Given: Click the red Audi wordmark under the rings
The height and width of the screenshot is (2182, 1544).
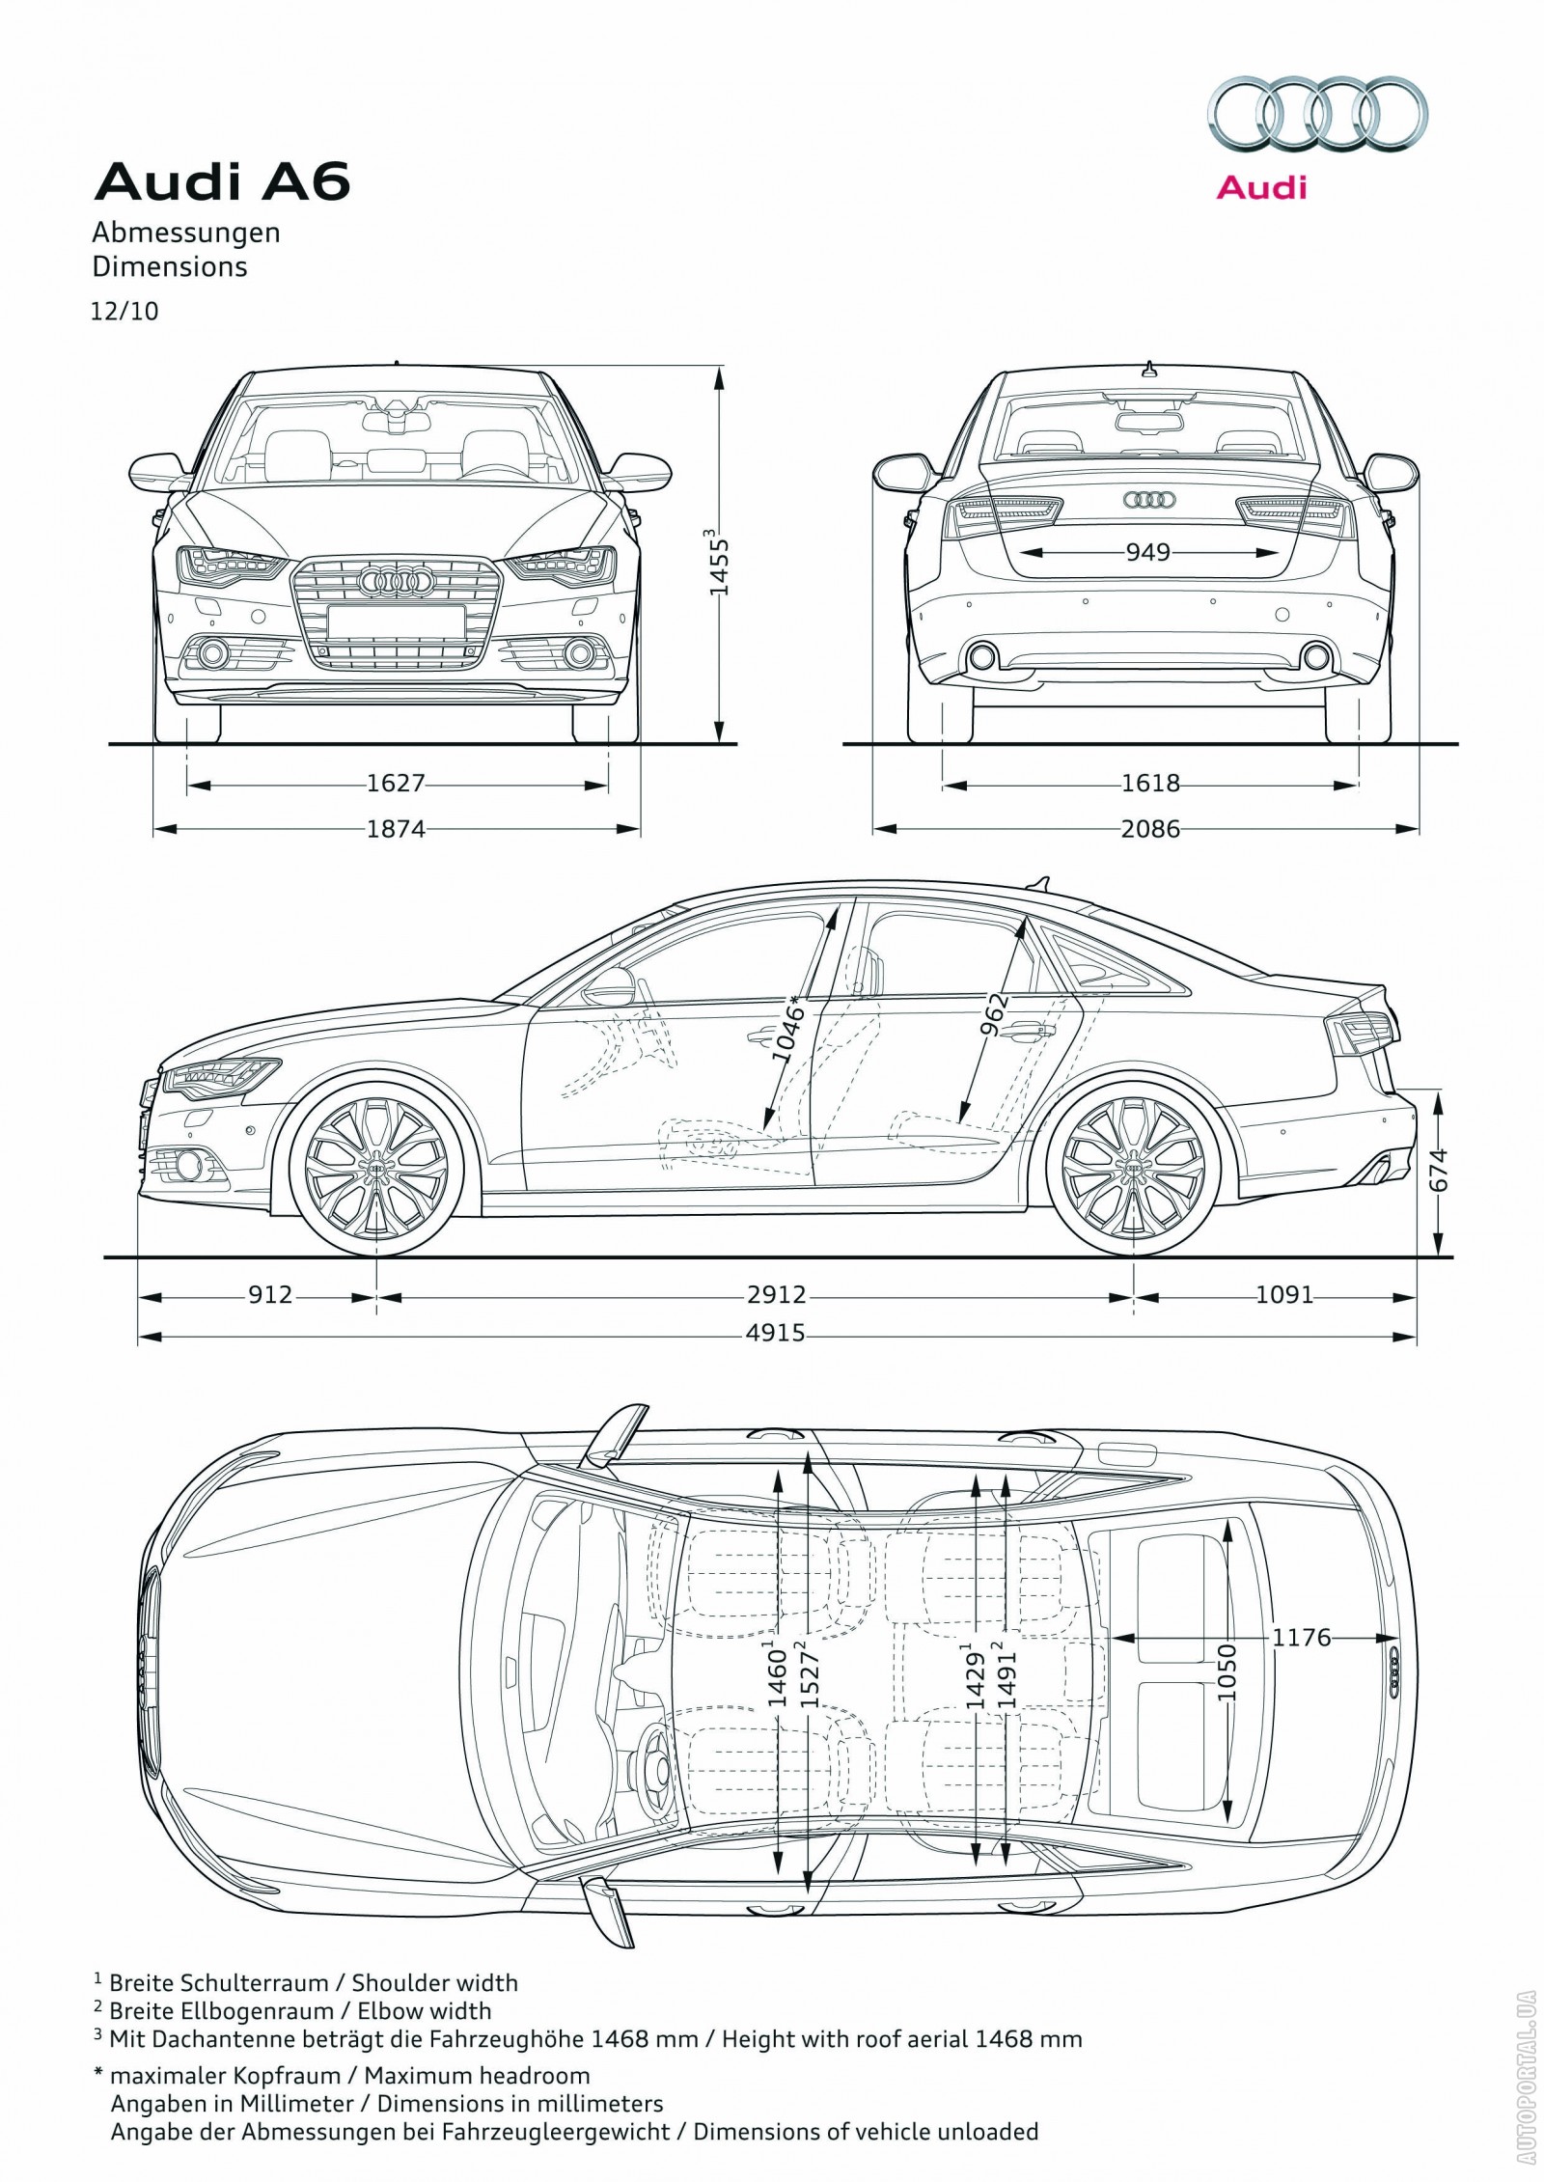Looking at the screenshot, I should click(1260, 186).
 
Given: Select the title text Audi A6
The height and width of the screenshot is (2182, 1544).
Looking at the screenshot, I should click(222, 182).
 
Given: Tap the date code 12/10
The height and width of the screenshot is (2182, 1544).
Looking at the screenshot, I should click(124, 312).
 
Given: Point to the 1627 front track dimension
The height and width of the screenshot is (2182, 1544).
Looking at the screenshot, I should click(396, 783).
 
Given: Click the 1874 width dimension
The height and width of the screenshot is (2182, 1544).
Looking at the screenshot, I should click(396, 828).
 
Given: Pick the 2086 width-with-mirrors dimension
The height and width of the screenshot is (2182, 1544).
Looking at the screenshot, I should click(1150, 828).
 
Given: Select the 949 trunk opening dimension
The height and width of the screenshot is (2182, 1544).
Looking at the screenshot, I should click(1147, 552).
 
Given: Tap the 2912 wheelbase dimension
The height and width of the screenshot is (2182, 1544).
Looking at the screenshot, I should click(775, 1294).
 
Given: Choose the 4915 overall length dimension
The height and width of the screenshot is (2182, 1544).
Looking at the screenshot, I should click(775, 1334).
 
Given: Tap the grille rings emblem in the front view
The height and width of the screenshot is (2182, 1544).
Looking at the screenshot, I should click(394, 581).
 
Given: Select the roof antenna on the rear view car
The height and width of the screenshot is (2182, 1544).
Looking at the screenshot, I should click(1148, 368).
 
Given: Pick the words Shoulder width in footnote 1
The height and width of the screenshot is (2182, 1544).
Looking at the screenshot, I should click(434, 1982).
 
